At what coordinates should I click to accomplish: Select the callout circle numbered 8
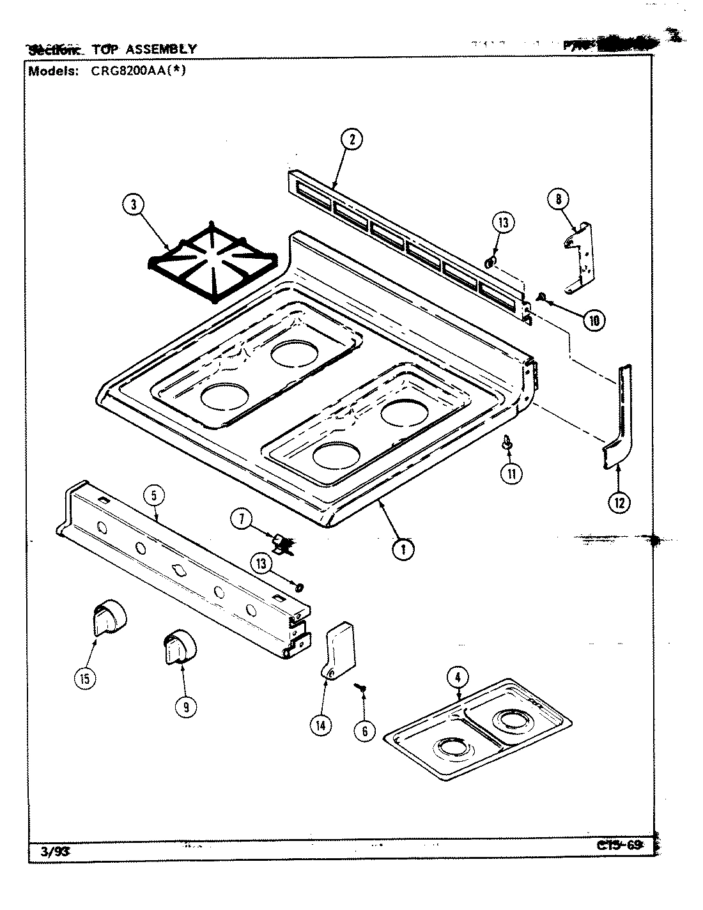tap(558, 199)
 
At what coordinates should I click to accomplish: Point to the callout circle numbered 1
tap(403, 549)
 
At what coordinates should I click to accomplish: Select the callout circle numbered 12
tap(618, 502)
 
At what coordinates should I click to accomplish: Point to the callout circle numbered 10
tap(594, 320)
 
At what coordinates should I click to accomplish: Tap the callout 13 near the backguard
tap(503, 223)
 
